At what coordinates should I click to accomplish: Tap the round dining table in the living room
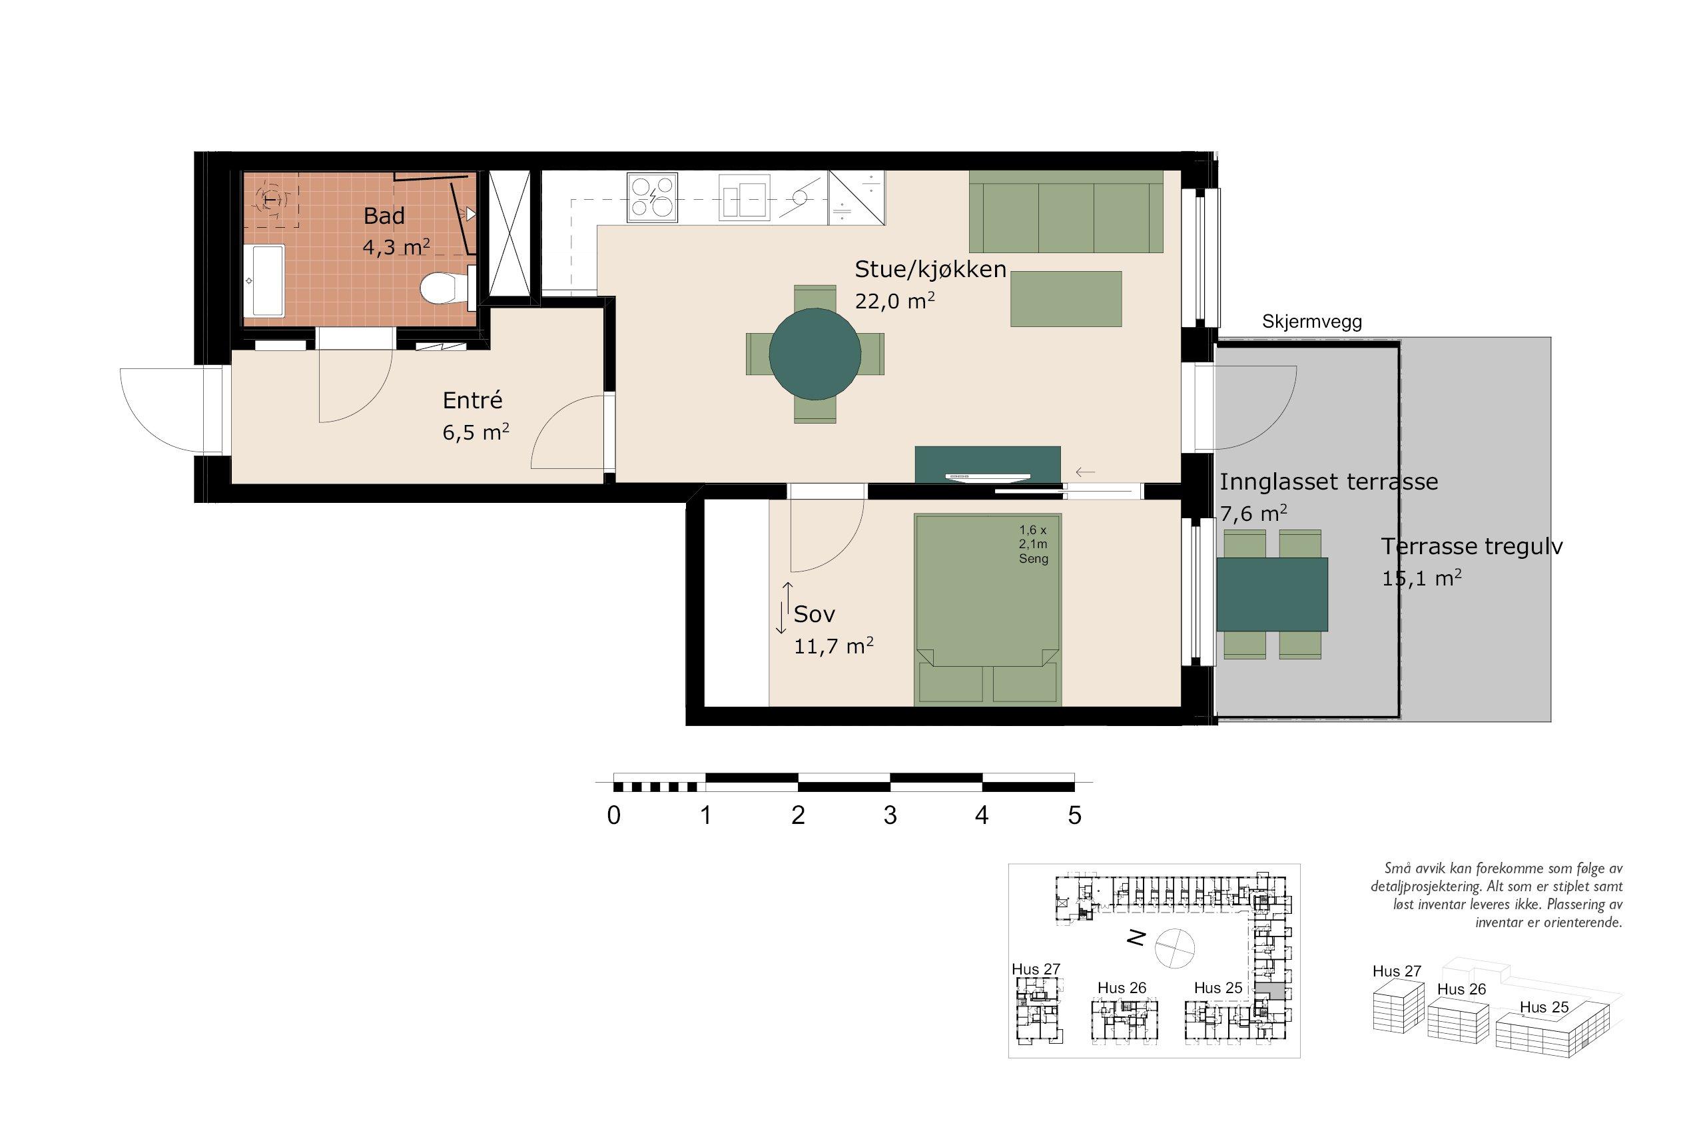(x=815, y=354)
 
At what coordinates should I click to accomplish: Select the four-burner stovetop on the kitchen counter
(x=653, y=197)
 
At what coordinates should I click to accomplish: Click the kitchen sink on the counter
(x=745, y=197)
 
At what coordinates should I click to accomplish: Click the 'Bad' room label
(x=384, y=215)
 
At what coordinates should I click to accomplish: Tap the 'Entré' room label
(x=473, y=400)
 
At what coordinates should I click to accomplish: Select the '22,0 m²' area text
(x=894, y=300)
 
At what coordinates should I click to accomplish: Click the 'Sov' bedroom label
(x=814, y=614)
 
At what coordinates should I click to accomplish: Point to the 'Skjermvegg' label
(x=1312, y=322)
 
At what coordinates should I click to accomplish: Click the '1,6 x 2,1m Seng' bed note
(x=1034, y=544)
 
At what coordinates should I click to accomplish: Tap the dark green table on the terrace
(x=1272, y=594)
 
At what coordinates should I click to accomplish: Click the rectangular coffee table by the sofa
(x=1066, y=298)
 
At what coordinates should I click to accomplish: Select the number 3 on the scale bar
(x=890, y=815)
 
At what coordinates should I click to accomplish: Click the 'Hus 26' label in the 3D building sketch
(x=1461, y=989)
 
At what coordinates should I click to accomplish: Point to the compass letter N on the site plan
(x=1136, y=939)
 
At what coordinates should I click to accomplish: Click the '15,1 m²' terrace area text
(x=1421, y=578)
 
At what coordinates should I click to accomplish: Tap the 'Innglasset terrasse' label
(x=1329, y=482)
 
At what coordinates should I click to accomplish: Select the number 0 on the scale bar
(x=614, y=815)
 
